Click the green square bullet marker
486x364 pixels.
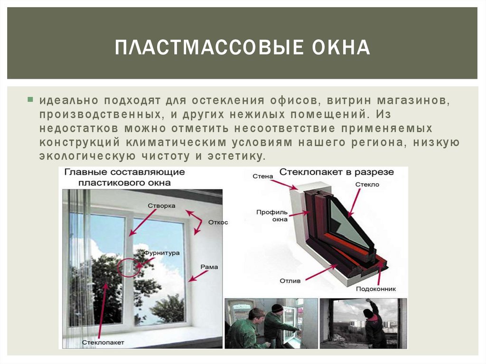[x=30, y=100]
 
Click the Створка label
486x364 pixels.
[x=161, y=206]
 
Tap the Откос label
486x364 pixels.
[x=218, y=222]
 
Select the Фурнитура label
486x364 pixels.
[x=162, y=253]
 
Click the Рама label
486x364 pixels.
[x=209, y=267]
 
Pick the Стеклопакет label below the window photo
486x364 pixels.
[x=103, y=343]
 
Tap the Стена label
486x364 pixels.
[x=263, y=177]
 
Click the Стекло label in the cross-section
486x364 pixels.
[x=367, y=185]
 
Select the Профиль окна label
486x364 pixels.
[x=272, y=216]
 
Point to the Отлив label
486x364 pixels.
[x=290, y=281]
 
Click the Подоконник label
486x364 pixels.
[x=376, y=289]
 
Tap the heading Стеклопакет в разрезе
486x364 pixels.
[x=336, y=172]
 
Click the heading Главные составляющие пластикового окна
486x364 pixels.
[x=125, y=177]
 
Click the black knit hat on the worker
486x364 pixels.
[x=277, y=308]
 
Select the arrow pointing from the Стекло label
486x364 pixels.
[x=354, y=203]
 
